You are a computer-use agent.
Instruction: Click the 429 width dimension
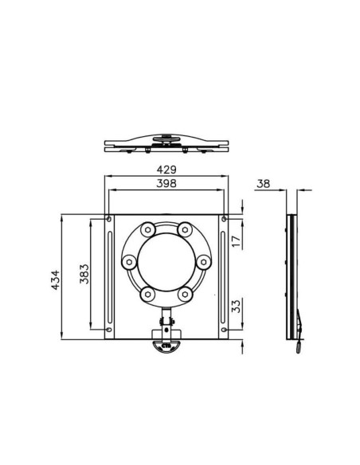(166, 170)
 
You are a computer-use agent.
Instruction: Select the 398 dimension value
(166, 184)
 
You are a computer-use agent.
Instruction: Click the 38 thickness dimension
(263, 184)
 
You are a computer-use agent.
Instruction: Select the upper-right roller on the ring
(185, 230)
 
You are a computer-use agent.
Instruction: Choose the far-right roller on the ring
(204, 261)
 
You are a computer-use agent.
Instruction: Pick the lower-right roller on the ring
(185, 293)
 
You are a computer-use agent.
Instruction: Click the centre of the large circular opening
(166, 261)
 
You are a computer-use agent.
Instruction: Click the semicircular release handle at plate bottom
(166, 346)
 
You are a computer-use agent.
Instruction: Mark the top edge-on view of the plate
(166, 146)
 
